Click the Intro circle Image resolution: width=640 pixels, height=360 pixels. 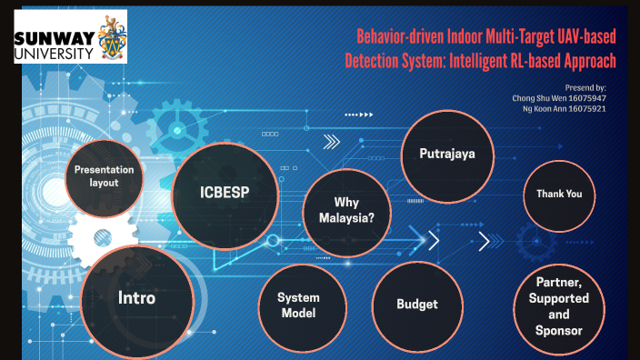[137, 298]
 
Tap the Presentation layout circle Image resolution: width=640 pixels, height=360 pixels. [104, 175]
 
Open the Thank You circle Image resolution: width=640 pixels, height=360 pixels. [559, 195]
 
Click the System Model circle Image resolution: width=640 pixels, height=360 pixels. [298, 305]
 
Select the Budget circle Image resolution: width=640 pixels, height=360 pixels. [417, 305]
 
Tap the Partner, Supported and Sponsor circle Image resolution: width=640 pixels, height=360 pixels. [558, 305]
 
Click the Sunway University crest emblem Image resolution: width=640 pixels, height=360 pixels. [110, 38]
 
